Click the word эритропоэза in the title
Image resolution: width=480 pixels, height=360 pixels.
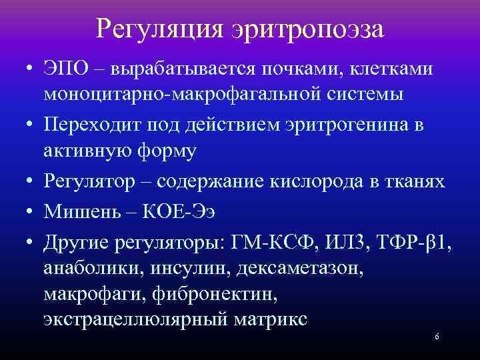pyautogui.click(x=308, y=30)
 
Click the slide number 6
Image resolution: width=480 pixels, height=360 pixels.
pyautogui.click(x=437, y=337)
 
